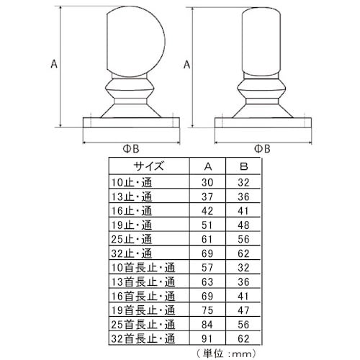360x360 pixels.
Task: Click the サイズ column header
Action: [x=148, y=166]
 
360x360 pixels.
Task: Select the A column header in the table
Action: [x=208, y=166]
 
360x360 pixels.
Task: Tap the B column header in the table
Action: [x=243, y=166]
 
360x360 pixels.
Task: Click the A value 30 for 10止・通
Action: [x=207, y=182]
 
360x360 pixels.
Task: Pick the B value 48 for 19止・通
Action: [x=243, y=225]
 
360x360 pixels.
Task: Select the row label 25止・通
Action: [x=132, y=239]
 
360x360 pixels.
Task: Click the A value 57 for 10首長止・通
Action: [x=207, y=268]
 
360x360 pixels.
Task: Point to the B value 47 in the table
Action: [x=243, y=310]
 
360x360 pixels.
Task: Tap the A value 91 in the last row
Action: [x=207, y=338]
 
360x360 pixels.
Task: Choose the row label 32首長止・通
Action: [x=143, y=338]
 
